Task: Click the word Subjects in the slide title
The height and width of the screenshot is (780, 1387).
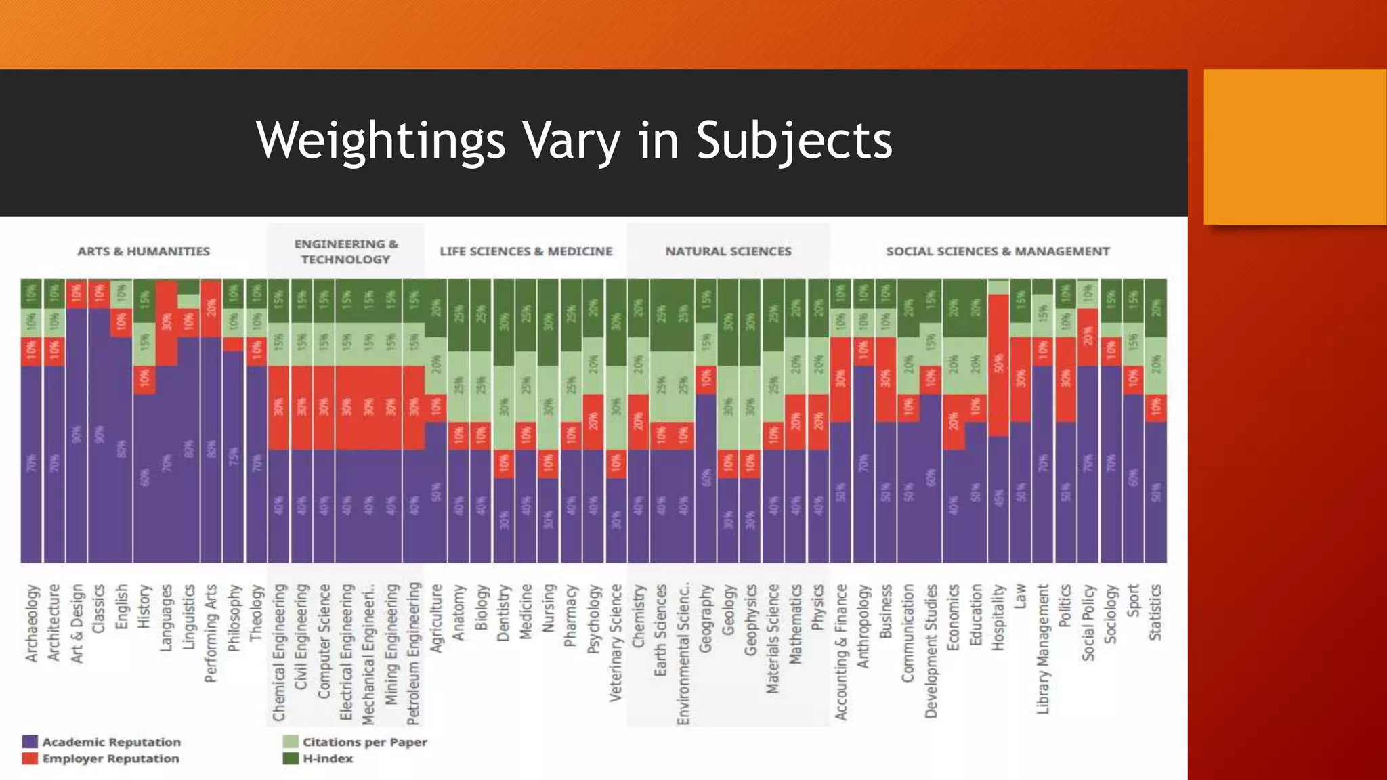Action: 794,141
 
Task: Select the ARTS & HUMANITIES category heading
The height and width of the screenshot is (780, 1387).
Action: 144,251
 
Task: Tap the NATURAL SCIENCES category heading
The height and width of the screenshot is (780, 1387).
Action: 728,251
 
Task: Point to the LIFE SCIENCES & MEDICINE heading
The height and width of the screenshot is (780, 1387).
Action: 526,251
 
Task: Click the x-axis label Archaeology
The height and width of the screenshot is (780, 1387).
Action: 32,623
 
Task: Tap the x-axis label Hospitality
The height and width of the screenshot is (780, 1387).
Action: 998,617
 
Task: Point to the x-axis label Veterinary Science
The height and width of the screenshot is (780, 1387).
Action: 615,643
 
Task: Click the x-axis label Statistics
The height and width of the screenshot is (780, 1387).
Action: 1155,613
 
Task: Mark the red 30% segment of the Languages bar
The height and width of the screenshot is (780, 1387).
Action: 167,323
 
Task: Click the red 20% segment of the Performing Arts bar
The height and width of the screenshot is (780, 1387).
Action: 211,308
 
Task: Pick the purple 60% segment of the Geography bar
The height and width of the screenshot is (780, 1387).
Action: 706,477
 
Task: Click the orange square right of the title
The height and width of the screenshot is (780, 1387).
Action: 1294,146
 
